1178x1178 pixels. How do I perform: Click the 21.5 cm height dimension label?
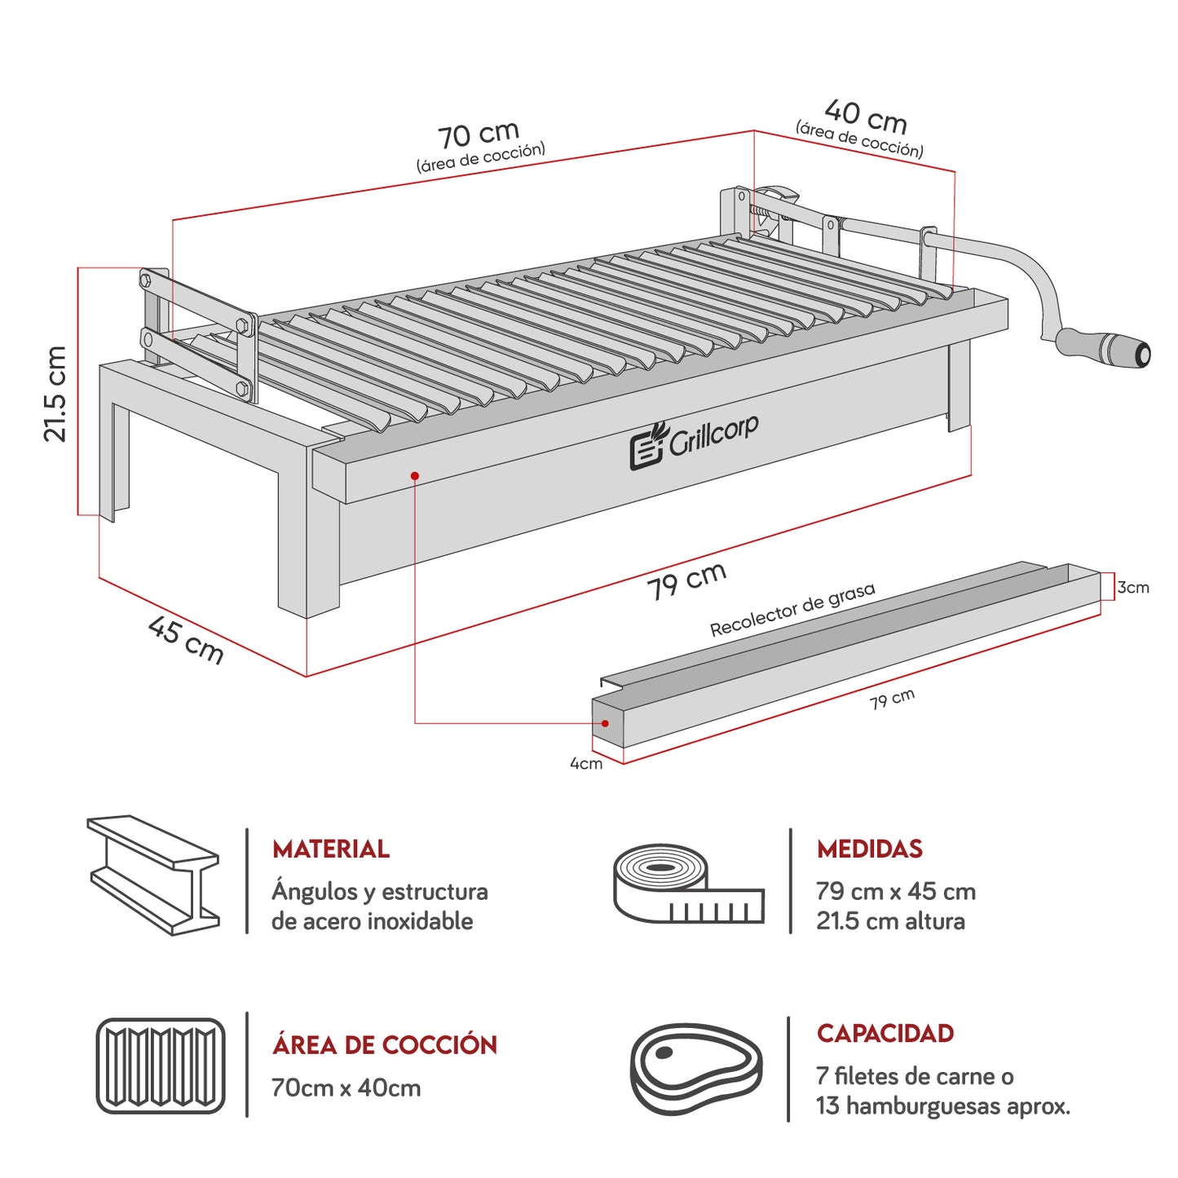55,394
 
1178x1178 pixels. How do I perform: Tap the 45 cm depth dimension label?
186,640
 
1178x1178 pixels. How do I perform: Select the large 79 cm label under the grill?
686,580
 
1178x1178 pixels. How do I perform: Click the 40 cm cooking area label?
865,117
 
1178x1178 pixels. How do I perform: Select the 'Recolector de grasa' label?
792,610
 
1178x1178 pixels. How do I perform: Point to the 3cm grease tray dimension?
1133,587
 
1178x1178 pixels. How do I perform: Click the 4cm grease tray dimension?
585,764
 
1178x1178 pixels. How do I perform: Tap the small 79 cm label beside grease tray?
892,699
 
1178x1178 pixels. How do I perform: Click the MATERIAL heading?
331,849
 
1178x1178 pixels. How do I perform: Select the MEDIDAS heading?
869,849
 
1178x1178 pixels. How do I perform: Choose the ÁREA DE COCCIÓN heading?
385,1045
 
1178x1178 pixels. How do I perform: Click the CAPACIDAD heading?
885,1034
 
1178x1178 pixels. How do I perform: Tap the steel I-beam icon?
153,875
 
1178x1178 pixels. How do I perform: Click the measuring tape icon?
687,884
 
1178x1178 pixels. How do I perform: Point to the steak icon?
696,1068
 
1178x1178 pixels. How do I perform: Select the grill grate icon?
161,1065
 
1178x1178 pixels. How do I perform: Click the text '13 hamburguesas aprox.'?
943,1106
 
